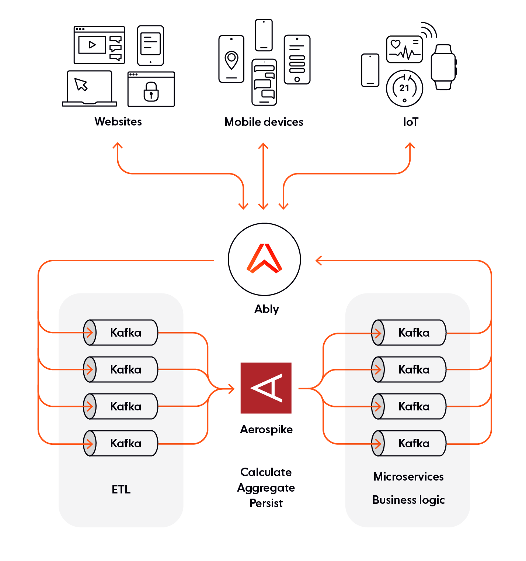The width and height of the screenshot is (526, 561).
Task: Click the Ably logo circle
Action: pos(264,259)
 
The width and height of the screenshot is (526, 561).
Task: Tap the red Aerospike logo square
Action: pos(266,388)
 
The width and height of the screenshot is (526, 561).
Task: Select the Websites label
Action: pos(118,121)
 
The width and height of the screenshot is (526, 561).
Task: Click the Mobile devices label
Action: pos(264,122)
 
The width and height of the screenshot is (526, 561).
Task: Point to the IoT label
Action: pos(411,122)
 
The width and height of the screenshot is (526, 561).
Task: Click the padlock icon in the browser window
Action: pos(151,92)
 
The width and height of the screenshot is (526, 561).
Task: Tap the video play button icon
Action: pos(92,45)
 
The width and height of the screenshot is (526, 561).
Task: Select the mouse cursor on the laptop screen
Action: pos(81,85)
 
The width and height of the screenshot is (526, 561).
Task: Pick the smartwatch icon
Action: pos(443,67)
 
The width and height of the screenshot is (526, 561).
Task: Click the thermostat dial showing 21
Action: pos(404,88)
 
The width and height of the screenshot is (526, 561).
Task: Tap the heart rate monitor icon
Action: pos(404,49)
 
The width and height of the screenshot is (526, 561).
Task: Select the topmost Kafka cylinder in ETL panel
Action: pos(121,333)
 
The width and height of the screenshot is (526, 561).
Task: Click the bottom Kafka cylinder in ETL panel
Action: pos(121,443)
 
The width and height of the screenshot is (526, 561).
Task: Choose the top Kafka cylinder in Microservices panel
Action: pos(409,333)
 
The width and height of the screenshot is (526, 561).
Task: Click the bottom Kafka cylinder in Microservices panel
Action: pos(409,443)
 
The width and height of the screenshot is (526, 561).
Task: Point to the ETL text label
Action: pos(121,489)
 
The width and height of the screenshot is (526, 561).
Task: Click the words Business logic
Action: pos(408,500)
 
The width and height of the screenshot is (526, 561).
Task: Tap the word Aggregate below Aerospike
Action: pos(266,488)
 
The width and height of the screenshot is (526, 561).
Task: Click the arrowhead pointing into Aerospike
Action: pos(231,388)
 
